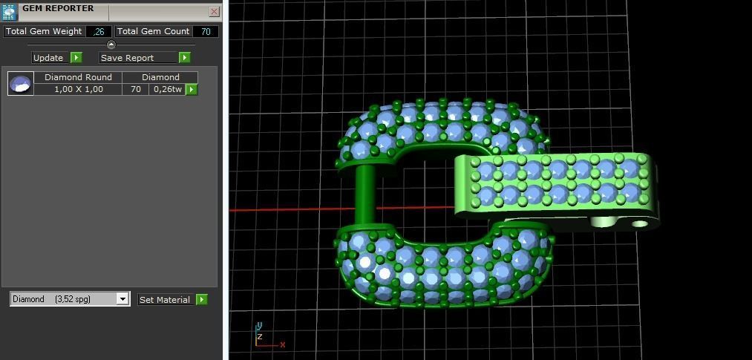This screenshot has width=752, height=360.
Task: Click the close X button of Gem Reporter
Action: [214, 11]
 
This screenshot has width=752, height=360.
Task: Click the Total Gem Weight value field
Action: [99, 31]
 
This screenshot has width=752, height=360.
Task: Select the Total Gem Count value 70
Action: [205, 31]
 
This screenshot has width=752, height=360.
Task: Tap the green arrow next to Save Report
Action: [185, 57]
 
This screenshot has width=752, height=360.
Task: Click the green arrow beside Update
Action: [76, 57]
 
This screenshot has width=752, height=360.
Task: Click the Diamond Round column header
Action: [78, 77]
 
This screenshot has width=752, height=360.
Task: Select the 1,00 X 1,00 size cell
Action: [78, 89]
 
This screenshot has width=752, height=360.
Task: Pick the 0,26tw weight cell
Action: [166, 89]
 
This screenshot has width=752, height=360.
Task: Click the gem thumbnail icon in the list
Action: [21, 83]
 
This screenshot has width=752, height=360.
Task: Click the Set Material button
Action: [164, 299]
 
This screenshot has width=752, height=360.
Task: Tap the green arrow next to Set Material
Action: [201, 299]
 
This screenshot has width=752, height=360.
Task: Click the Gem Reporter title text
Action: [58, 8]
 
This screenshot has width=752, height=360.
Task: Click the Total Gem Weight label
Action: [44, 31]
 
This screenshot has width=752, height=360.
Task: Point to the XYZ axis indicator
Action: [264, 337]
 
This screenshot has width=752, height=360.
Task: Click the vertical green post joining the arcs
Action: [364, 195]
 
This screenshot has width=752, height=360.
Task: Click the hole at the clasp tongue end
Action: [638, 223]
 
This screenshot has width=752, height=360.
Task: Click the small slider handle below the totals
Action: [111, 45]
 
